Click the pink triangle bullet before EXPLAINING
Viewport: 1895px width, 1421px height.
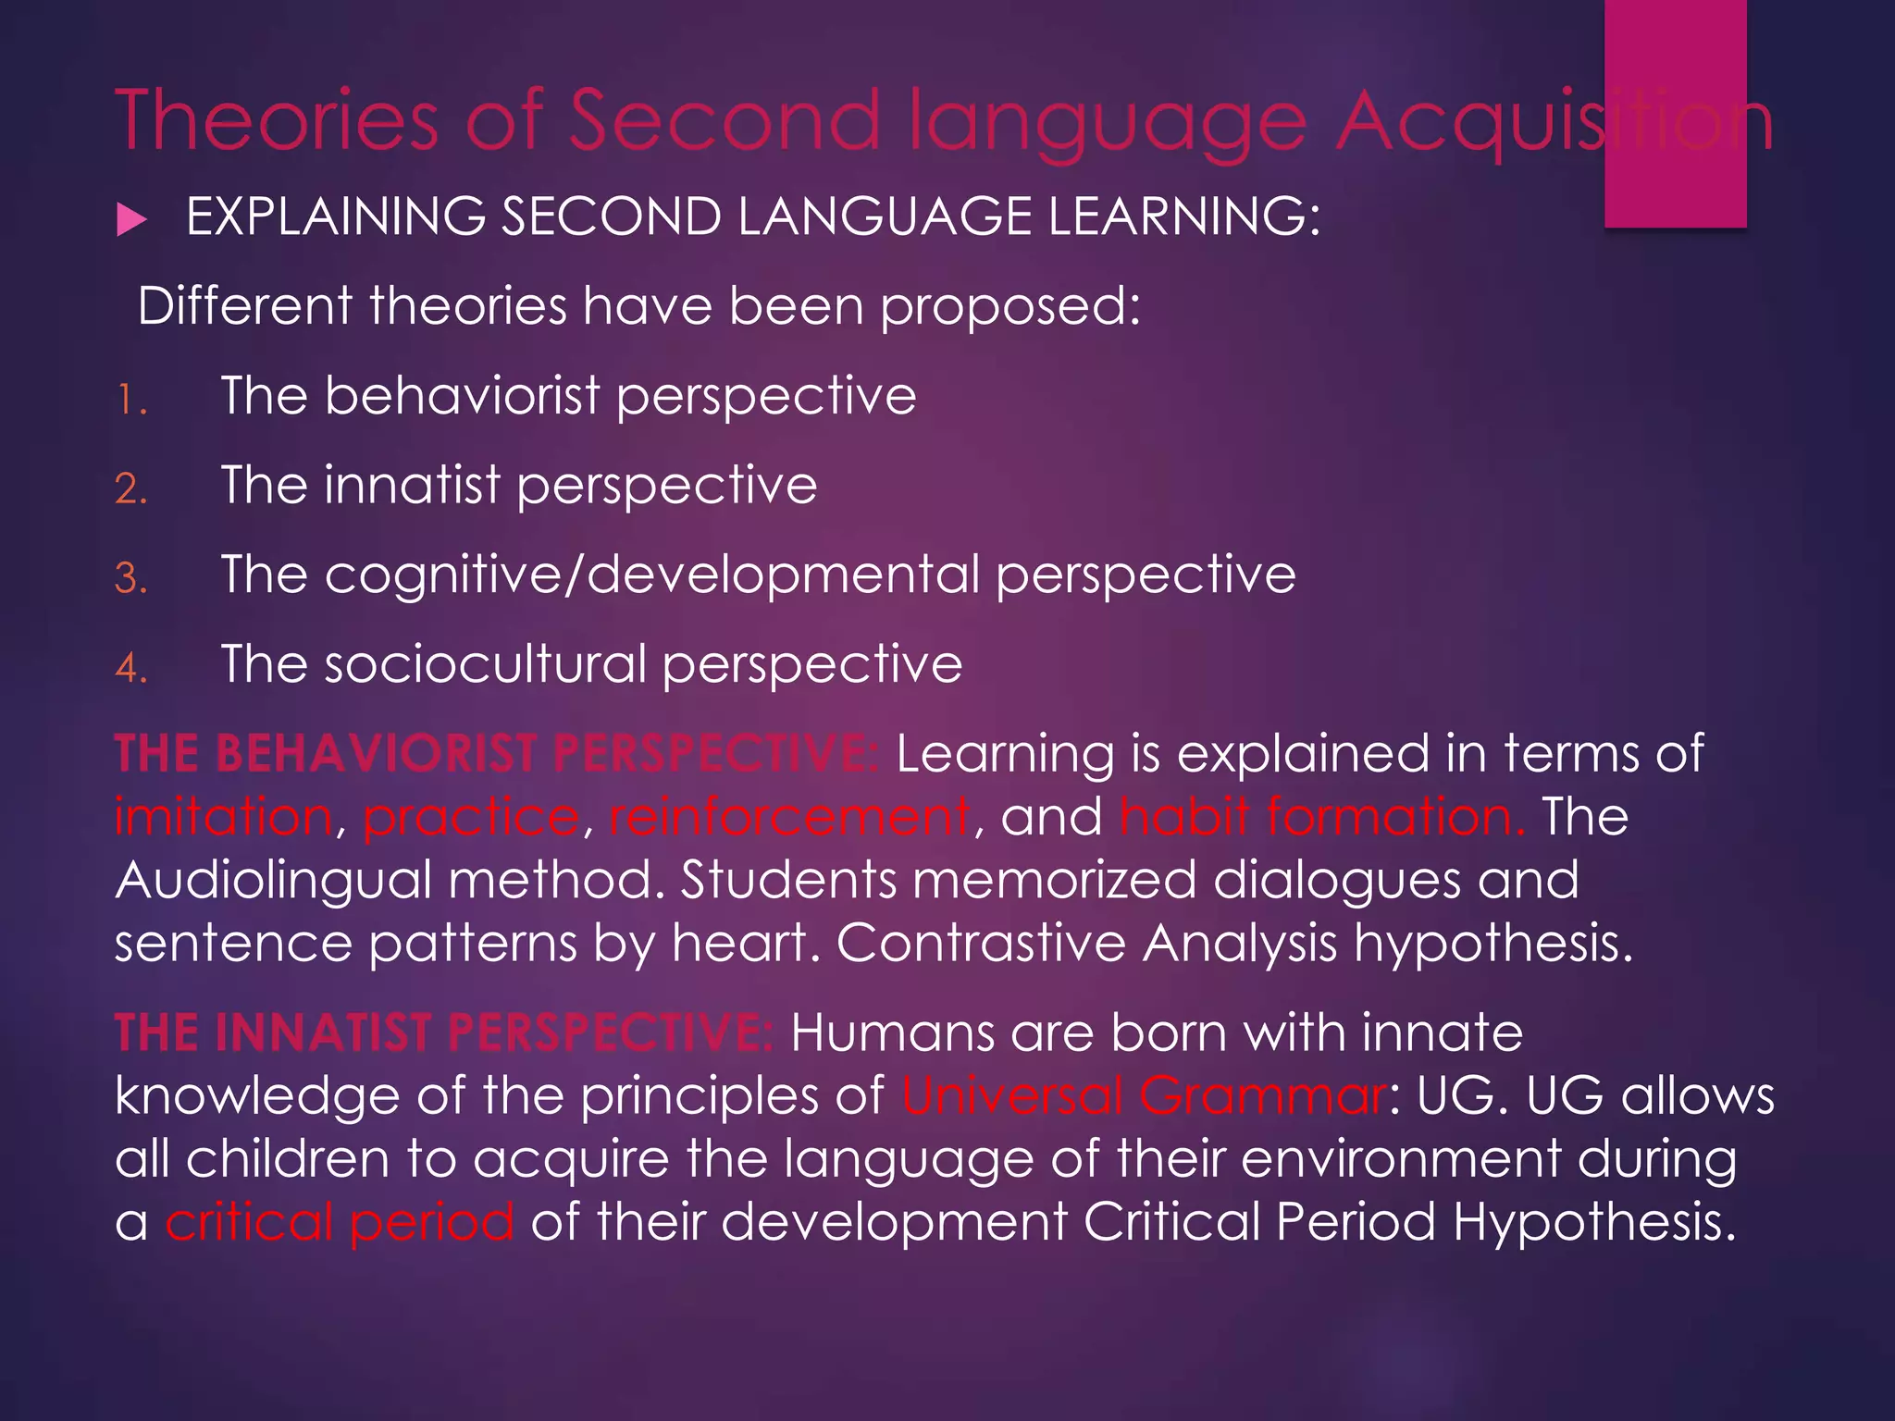coord(132,220)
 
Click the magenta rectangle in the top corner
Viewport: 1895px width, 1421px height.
coord(1675,113)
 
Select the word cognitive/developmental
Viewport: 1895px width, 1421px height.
coord(651,575)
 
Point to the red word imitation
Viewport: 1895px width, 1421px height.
coord(223,817)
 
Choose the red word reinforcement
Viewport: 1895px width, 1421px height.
coord(789,817)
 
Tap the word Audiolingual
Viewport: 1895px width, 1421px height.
coord(274,881)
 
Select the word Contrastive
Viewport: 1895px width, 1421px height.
coord(981,944)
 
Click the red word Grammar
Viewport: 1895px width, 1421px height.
coord(1263,1096)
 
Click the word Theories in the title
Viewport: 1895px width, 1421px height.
coord(277,120)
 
